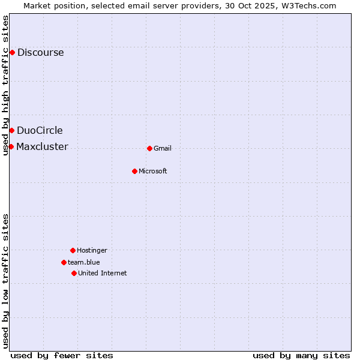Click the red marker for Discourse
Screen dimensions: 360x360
click(12, 52)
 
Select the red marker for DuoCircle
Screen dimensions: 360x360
click(11, 130)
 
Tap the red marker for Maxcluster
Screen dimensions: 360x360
click(11, 146)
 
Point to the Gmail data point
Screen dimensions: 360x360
click(149, 148)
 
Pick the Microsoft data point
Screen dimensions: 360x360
click(134, 171)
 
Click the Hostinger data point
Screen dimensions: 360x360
click(73, 250)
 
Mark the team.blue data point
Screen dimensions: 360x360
click(64, 262)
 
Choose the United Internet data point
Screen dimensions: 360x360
click(74, 273)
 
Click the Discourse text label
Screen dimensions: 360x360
click(40, 52)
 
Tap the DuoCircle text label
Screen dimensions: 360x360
click(40, 130)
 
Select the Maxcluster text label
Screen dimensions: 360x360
click(42, 146)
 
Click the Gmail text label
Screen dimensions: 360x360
click(163, 148)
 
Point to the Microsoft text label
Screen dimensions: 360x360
click(153, 171)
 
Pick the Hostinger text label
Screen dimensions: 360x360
click(92, 250)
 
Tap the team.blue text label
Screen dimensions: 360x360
click(84, 262)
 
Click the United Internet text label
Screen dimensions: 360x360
click(103, 273)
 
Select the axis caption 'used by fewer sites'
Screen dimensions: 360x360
click(62, 355)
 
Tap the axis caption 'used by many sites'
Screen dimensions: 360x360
click(301, 355)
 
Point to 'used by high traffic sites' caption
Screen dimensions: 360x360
click(5, 85)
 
